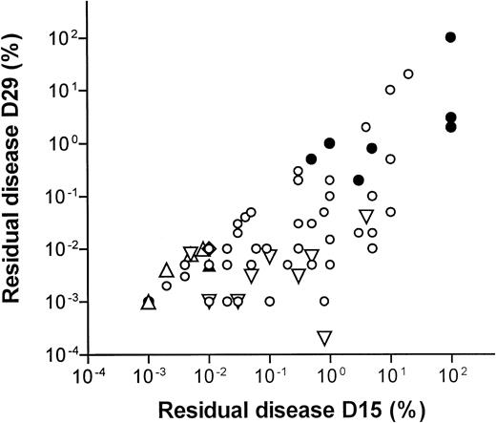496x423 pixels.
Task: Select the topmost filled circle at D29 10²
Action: pyautogui.click(x=451, y=37)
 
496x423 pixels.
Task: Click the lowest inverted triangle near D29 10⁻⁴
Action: pyautogui.click(x=324, y=337)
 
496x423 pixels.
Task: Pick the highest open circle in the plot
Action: pyautogui.click(x=408, y=74)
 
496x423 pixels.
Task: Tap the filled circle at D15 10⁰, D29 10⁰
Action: pyautogui.click(x=330, y=143)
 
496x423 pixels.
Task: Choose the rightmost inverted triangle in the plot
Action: pyautogui.click(x=366, y=217)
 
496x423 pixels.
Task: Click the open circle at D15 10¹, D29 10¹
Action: pyautogui.click(x=390, y=90)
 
